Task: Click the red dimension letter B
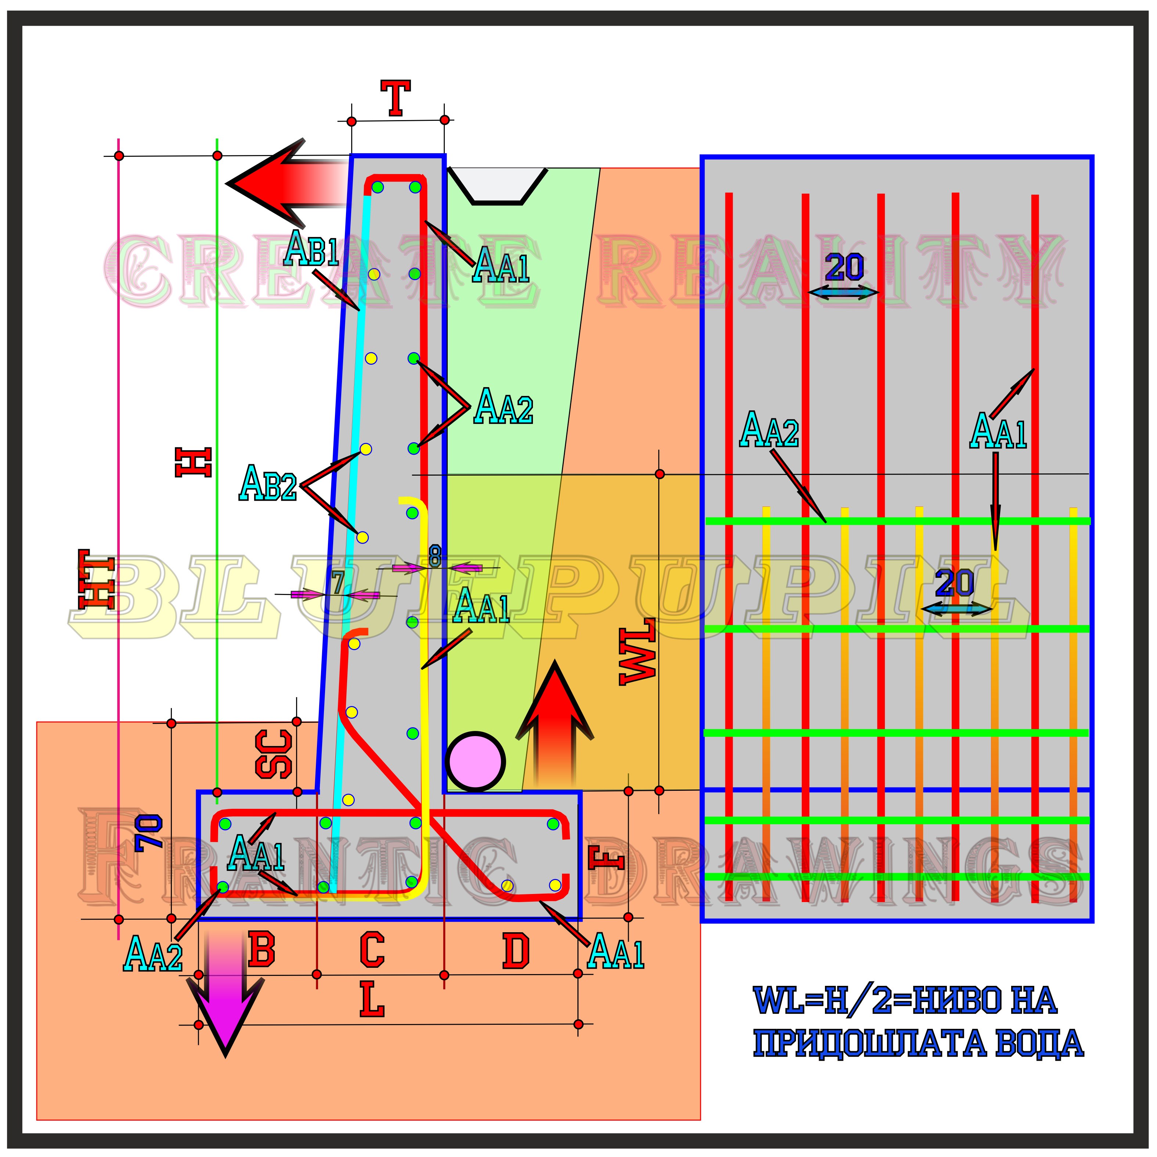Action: pos(262,951)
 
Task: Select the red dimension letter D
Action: pos(516,952)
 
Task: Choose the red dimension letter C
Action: pos(372,951)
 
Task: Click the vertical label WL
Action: pos(637,653)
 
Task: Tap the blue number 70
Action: pos(148,832)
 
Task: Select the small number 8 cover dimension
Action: pos(435,556)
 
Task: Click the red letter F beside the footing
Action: pos(606,858)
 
